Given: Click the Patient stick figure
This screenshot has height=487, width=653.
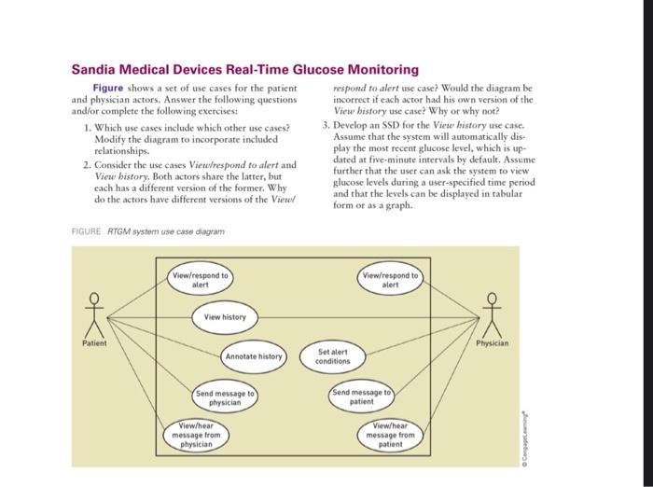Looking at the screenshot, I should (91, 313).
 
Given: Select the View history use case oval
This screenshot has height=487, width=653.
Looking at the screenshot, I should (225, 318).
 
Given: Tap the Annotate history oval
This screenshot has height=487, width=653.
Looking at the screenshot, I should (253, 356).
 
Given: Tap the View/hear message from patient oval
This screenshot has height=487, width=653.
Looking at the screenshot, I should (390, 436).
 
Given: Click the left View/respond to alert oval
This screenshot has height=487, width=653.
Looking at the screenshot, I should (201, 280).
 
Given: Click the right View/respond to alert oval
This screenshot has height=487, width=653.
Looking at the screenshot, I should (390, 280).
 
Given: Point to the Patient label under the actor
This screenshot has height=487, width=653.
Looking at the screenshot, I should (93, 343).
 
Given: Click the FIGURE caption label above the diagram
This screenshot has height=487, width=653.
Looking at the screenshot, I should (86, 230).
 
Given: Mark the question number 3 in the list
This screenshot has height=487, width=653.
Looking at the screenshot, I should (326, 125).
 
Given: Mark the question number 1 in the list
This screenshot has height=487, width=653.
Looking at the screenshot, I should (86, 127).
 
